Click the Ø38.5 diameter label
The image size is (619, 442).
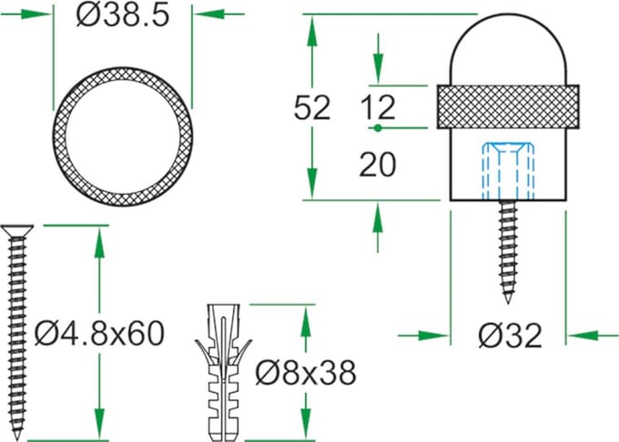pyautogui.click(x=123, y=15)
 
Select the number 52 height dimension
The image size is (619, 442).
pyautogui.click(x=312, y=107)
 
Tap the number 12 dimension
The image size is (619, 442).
pyautogui.click(x=378, y=106)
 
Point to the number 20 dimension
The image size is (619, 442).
pyautogui.click(x=378, y=164)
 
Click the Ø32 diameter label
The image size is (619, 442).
pyautogui.click(x=510, y=336)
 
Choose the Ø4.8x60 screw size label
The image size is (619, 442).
pyautogui.click(x=99, y=333)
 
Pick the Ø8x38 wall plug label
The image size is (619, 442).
pyautogui.click(x=306, y=372)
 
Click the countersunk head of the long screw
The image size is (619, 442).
pyautogui.click(x=17, y=230)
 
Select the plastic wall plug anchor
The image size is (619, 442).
pyautogui.click(x=223, y=373)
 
